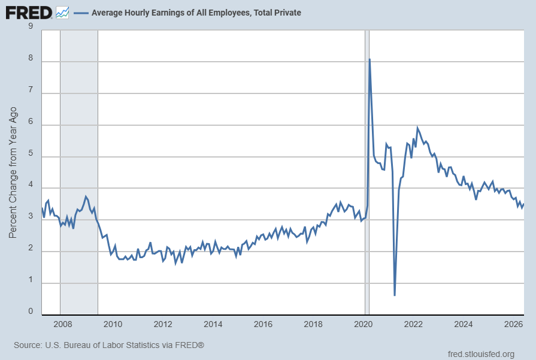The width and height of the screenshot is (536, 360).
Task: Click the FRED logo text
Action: click(29, 13)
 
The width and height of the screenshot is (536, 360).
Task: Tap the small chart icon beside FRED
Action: click(62, 13)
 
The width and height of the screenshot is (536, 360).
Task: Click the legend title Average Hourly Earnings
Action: click(196, 13)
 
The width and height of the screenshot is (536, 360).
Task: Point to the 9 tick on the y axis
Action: click(31, 26)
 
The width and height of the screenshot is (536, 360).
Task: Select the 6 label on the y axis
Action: click(31, 122)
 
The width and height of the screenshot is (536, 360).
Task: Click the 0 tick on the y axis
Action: click(31, 311)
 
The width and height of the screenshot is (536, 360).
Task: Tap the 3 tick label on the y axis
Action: click(31, 216)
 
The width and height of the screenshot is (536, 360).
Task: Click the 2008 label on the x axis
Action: click(62, 324)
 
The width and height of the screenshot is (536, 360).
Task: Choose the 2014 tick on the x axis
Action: click(213, 324)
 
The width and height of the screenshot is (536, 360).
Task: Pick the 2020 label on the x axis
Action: click(363, 324)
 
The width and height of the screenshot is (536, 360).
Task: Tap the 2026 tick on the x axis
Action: click(513, 324)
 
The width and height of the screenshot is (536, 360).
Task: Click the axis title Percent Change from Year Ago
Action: click(13, 173)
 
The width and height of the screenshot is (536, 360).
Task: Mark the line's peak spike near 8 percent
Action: click(370, 59)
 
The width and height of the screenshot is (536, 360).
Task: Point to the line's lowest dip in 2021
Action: click(395, 295)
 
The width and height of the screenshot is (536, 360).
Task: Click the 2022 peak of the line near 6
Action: click(417, 128)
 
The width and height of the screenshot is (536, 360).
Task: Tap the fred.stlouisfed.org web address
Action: click(481, 354)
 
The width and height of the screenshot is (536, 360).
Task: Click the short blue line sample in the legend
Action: click(81, 13)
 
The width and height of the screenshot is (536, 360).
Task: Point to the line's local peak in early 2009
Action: click(86, 196)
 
